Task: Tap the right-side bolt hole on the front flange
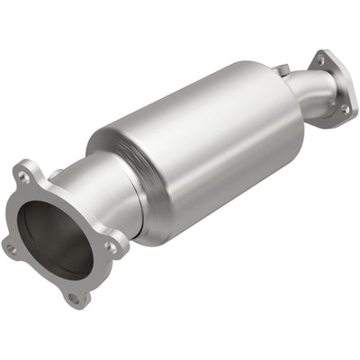coord(112,245)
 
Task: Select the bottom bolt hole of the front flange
coord(74,293)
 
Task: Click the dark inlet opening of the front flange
coord(56,238)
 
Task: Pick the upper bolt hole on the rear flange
coord(319,61)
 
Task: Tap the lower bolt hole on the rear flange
coord(344,109)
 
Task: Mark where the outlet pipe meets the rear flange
coord(326,90)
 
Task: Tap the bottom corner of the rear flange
coord(347,117)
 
